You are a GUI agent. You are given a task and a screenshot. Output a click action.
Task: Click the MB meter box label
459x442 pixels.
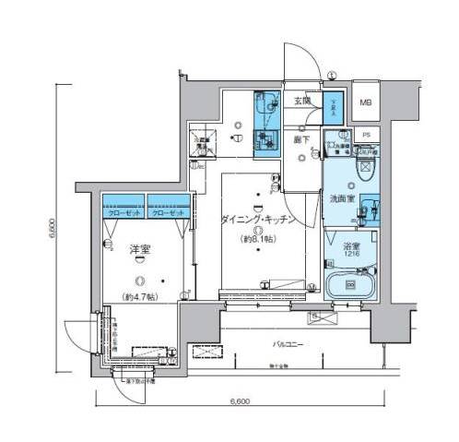[365, 103]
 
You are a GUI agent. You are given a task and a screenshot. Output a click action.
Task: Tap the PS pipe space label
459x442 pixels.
[366, 135]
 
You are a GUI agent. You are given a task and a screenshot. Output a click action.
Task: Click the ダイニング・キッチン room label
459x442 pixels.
[257, 221]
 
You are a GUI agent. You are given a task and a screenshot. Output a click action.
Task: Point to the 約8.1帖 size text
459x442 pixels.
[257, 240]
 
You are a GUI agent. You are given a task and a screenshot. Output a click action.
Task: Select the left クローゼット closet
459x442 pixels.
[122, 211]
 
